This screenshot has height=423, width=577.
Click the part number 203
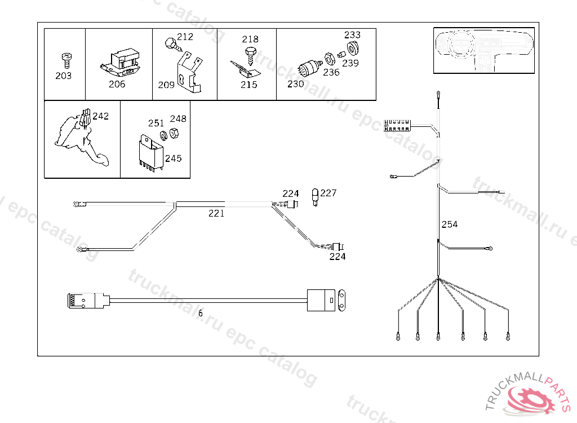tap(63, 76)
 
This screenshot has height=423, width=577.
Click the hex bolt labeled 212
tap(169, 42)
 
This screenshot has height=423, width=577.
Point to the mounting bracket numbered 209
tap(189, 72)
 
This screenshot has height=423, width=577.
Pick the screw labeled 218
tap(250, 54)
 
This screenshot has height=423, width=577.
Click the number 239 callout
tap(350, 63)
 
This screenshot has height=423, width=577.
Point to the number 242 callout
tap(100, 116)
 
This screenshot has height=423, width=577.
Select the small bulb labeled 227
tap(315, 197)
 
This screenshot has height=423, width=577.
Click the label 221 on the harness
tap(216, 213)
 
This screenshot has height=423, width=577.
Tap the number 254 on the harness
tap(449, 224)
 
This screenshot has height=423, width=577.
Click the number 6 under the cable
tap(200, 313)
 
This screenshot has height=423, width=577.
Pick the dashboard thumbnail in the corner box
tap(483, 51)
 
